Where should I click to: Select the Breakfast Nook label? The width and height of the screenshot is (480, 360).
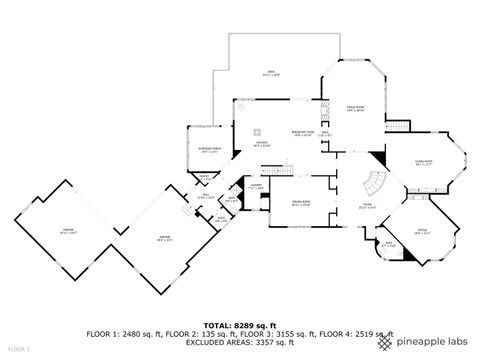(x=304, y=133)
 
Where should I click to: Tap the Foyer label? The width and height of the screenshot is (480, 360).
(x=367, y=208)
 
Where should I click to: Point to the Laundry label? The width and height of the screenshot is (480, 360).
(x=256, y=186)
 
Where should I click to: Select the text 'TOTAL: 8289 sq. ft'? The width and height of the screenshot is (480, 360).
(x=240, y=325)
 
